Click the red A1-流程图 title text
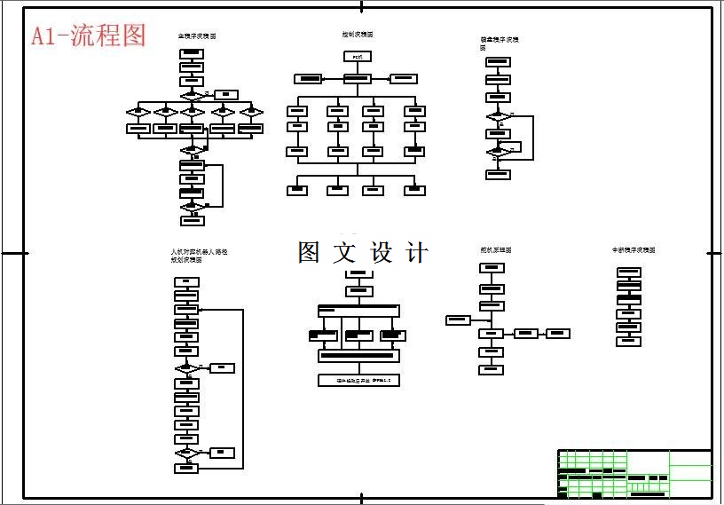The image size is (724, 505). tap(89, 36)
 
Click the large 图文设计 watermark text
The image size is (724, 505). tap(363, 252)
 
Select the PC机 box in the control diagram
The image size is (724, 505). tap(358, 57)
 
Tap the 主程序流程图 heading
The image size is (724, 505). tap(197, 36)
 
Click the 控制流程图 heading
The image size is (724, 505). tap(358, 35)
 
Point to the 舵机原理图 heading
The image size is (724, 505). tap(496, 250)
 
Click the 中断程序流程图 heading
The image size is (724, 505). tap(633, 250)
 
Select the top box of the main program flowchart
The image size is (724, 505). tap(192, 54)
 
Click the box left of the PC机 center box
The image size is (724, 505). tap(308, 78)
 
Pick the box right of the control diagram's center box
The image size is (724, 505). tap(404, 78)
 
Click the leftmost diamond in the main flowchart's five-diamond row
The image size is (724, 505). tap(138, 112)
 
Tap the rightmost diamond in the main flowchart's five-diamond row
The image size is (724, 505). tap(252, 112)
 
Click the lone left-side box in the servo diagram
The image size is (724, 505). tap(458, 320)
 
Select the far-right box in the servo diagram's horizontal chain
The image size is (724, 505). tap(557, 334)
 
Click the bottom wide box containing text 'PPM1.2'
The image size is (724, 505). tap(358, 380)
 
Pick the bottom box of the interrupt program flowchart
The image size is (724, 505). tap(628, 342)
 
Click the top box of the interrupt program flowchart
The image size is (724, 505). tap(628, 272)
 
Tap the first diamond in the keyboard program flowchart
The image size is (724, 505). tap(499, 116)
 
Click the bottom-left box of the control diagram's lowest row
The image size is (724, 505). tap(298, 190)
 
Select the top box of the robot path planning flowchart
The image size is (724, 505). tap(186, 282)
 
